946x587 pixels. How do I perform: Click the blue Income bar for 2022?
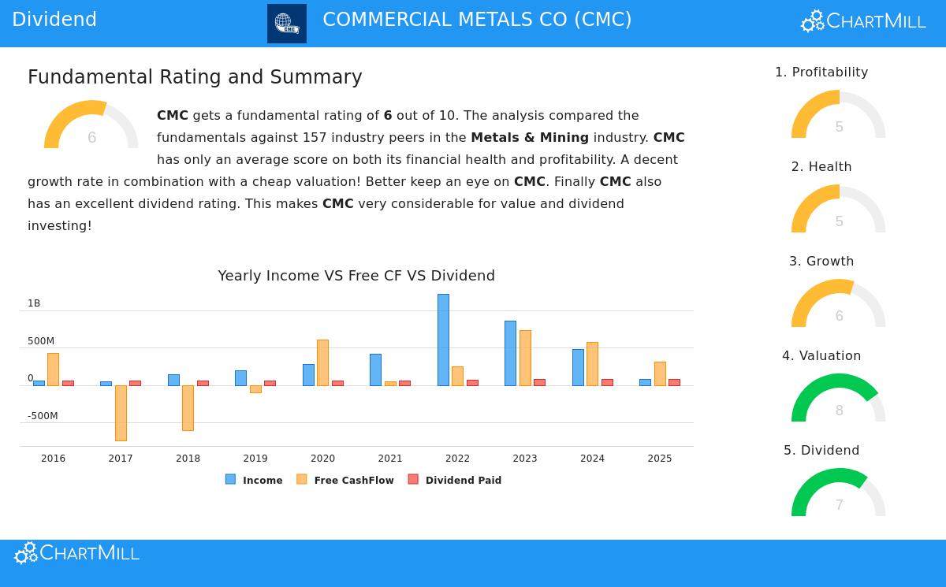coord(443,340)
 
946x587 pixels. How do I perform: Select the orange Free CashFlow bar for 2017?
coord(121,413)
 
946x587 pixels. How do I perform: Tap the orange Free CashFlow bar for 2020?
coord(322,362)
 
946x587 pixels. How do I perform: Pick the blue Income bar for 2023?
coord(510,353)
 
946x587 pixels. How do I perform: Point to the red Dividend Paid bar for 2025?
coord(674,382)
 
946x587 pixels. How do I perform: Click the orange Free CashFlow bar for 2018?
coord(188,407)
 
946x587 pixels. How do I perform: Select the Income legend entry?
coord(254,480)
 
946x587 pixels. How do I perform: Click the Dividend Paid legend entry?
coord(455,480)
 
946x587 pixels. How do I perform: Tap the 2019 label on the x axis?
coord(255,459)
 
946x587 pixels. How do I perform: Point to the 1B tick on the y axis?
coord(34,303)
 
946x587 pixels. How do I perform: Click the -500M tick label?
coord(43,416)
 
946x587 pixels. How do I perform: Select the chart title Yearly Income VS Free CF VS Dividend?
coord(356,276)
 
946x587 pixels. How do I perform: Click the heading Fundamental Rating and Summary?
coord(195,77)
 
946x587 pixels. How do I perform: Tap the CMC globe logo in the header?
coord(287,24)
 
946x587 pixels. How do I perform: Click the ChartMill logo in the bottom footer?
coord(77,553)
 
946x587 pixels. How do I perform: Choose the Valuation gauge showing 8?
coord(839,399)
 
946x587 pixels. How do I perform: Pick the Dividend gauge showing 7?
coord(839,493)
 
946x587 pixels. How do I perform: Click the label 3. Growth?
coord(821,262)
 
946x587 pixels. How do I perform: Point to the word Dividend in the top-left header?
coord(54,20)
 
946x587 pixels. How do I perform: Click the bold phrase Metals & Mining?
coord(530,138)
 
